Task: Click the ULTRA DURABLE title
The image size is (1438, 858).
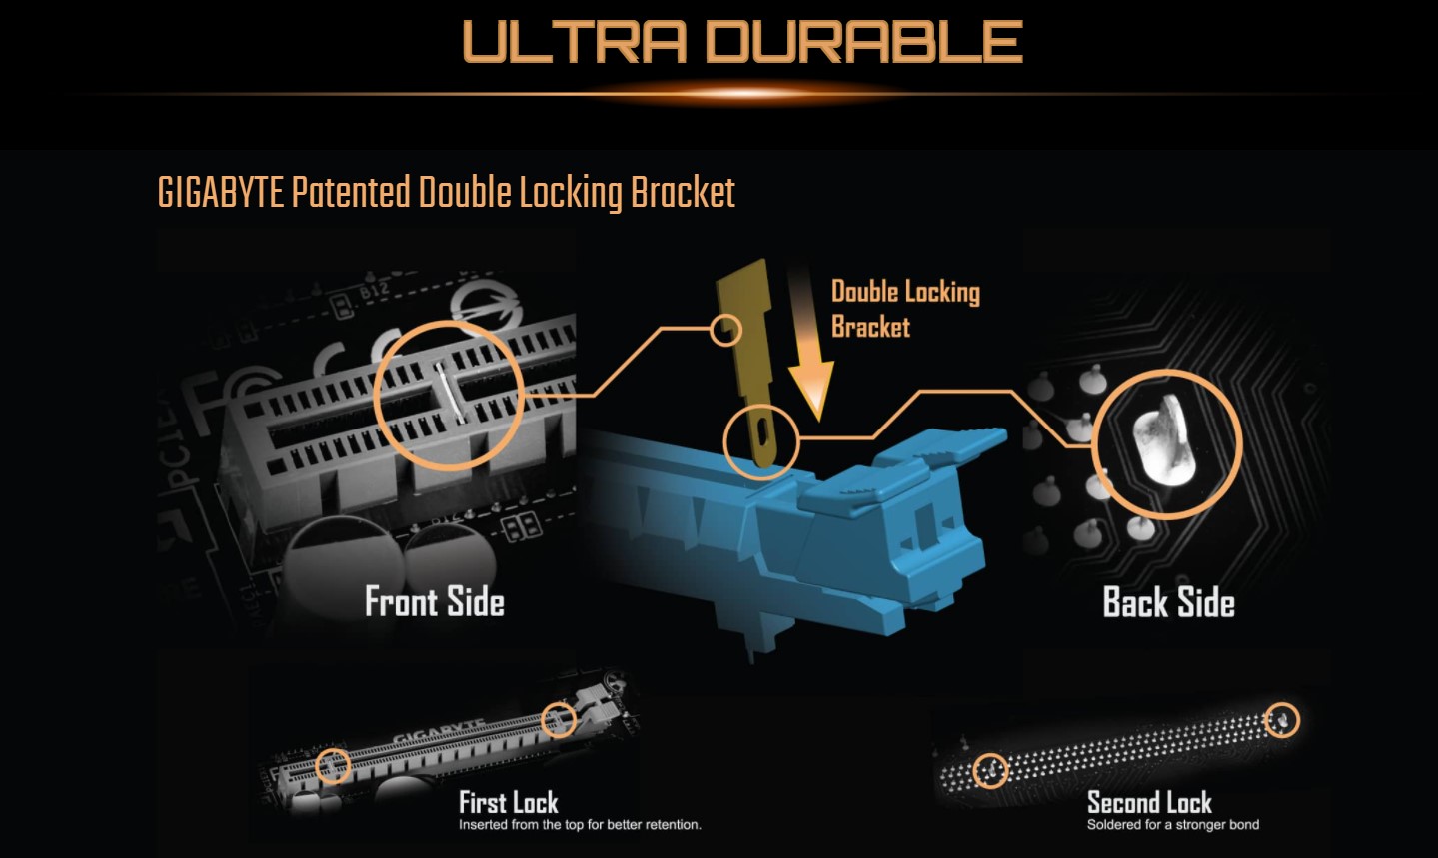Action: pyautogui.click(x=742, y=41)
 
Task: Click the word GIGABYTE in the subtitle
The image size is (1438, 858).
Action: pyautogui.click(x=220, y=193)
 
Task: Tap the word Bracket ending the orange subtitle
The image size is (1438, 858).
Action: pyautogui.click(x=683, y=193)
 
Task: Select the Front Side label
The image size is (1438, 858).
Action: pyautogui.click(x=435, y=601)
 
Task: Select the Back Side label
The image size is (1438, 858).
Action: pyautogui.click(x=1168, y=602)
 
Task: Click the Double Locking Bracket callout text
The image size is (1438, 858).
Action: pyautogui.click(x=905, y=309)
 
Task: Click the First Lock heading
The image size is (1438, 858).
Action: pyautogui.click(x=509, y=802)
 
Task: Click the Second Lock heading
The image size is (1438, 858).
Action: pyautogui.click(x=1149, y=802)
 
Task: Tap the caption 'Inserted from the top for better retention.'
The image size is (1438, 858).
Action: pyautogui.click(x=580, y=825)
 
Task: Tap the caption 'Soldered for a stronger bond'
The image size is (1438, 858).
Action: pyautogui.click(x=1173, y=825)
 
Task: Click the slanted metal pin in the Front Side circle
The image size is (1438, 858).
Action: pyautogui.click(x=449, y=393)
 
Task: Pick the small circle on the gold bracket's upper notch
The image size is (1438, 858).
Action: pyautogui.click(x=726, y=331)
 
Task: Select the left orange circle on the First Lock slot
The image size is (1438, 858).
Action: pyautogui.click(x=333, y=765)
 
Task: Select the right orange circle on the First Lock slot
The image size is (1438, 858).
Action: pyautogui.click(x=558, y=720)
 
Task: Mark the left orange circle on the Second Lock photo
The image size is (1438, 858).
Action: pyautogui.click(x=990, y=771)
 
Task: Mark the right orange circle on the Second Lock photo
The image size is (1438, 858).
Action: pyautogui.click(x=1282, y=720)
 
